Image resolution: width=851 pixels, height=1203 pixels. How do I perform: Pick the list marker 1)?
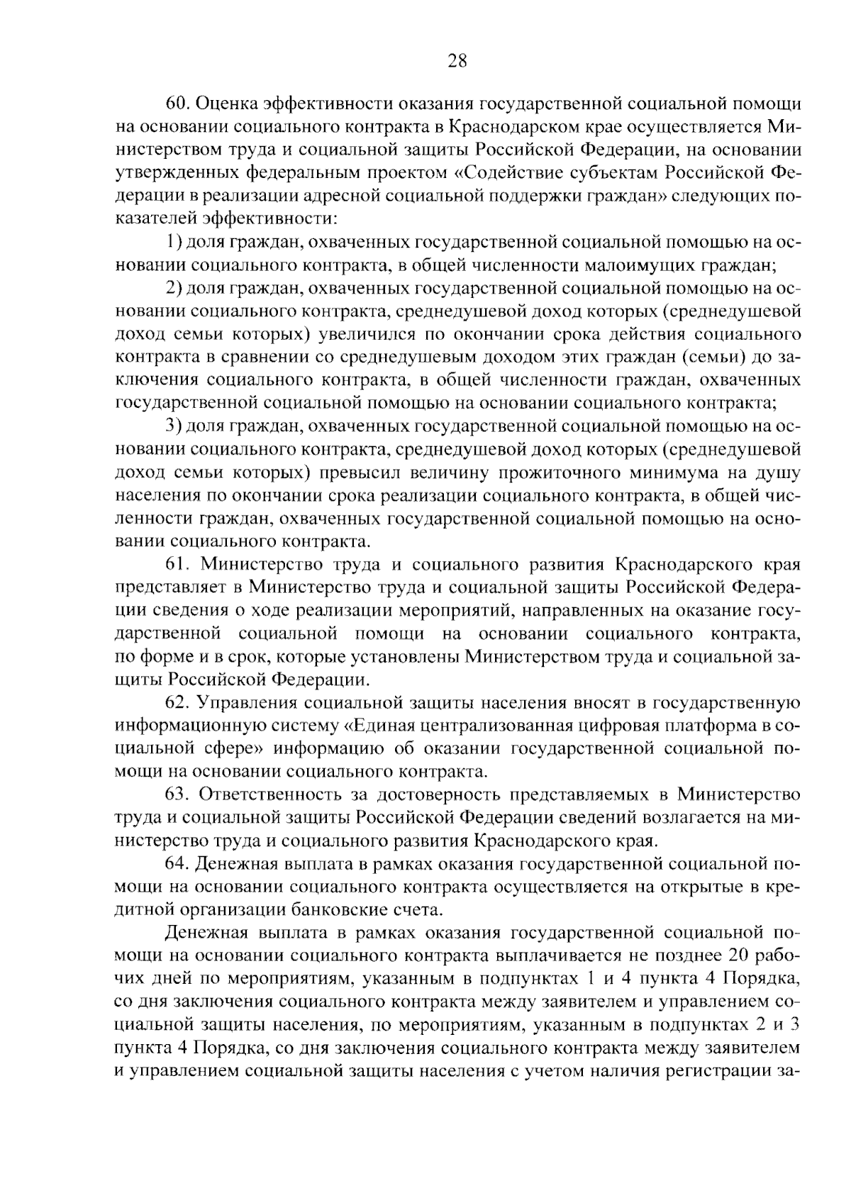[174, 243]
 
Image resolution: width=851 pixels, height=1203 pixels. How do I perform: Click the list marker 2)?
[174, 289]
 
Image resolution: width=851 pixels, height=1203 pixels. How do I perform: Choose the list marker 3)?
[174, 427]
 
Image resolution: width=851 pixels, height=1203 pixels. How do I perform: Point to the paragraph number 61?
[179, 565]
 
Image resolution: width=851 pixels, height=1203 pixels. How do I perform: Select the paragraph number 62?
[179, 704]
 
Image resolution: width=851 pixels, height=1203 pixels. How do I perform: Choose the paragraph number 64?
[179, 865]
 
